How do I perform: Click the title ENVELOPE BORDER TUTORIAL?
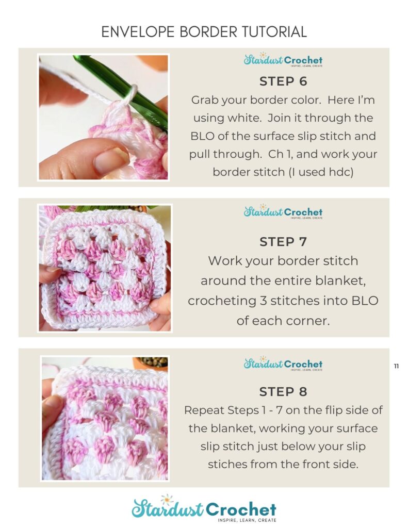[x=204, y=31]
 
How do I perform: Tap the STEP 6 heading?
[x=283, y=81]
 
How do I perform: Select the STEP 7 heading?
[x=283, y=242]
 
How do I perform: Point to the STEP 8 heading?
[x=283, y=392]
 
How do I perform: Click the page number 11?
[x=396, y=366]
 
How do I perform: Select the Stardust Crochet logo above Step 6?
[x=283, y=60]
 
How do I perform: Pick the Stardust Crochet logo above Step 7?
[x=283, y=212]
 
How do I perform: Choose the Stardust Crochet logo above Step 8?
[x=283, y=364]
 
